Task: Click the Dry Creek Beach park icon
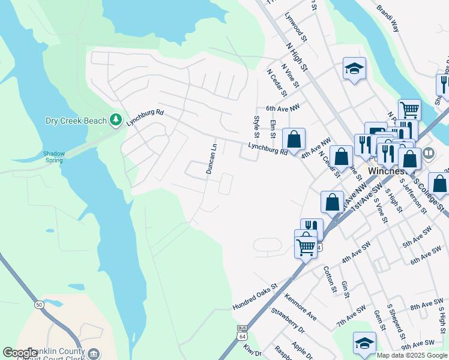pos(116,121)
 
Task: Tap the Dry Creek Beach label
pos(76,121)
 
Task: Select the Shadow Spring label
pos(54,157)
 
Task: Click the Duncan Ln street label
pos(212,158)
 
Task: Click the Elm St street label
pos(273,130)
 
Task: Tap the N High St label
pos(297,55)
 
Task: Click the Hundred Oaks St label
pos(256,298)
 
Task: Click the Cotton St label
pos(330,280)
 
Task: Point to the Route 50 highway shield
pos(38,304)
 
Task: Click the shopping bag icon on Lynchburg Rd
pos(294,140)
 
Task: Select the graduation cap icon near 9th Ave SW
pos(364,343)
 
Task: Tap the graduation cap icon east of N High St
pos(354,68)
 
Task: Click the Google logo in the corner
pos(20,353)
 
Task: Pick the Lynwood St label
pos(295,27)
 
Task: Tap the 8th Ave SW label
pos(427,307)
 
